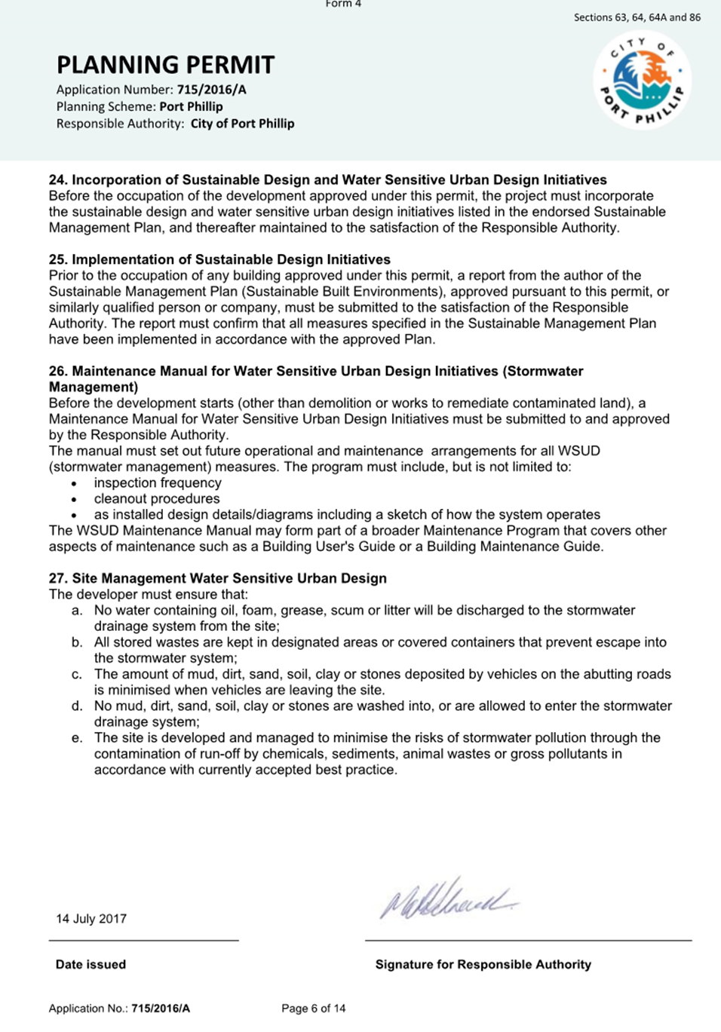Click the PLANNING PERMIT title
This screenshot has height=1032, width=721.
point(165,65)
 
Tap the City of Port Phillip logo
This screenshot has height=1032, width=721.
point(642,80)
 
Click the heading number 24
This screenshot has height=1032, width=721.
point(57,180)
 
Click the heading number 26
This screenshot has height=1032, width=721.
point(57,372)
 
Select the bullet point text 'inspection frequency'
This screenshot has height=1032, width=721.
point(158,483)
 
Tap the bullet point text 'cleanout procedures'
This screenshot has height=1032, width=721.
point(157,499)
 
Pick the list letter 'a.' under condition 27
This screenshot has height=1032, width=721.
point(77,611)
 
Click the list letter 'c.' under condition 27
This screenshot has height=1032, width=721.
point(77,675)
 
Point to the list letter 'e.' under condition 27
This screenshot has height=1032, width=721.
point(77,738)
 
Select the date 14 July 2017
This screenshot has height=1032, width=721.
point(91,919)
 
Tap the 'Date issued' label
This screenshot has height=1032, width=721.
point(91,965)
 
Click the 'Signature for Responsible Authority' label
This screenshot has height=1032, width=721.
point(483,965)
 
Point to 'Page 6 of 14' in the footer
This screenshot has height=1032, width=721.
point(313,1009)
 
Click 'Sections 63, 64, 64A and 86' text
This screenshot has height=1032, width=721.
point(637,17)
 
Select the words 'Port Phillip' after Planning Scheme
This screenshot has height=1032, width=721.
point(191,107)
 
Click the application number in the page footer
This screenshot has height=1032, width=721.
point(161,1009)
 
